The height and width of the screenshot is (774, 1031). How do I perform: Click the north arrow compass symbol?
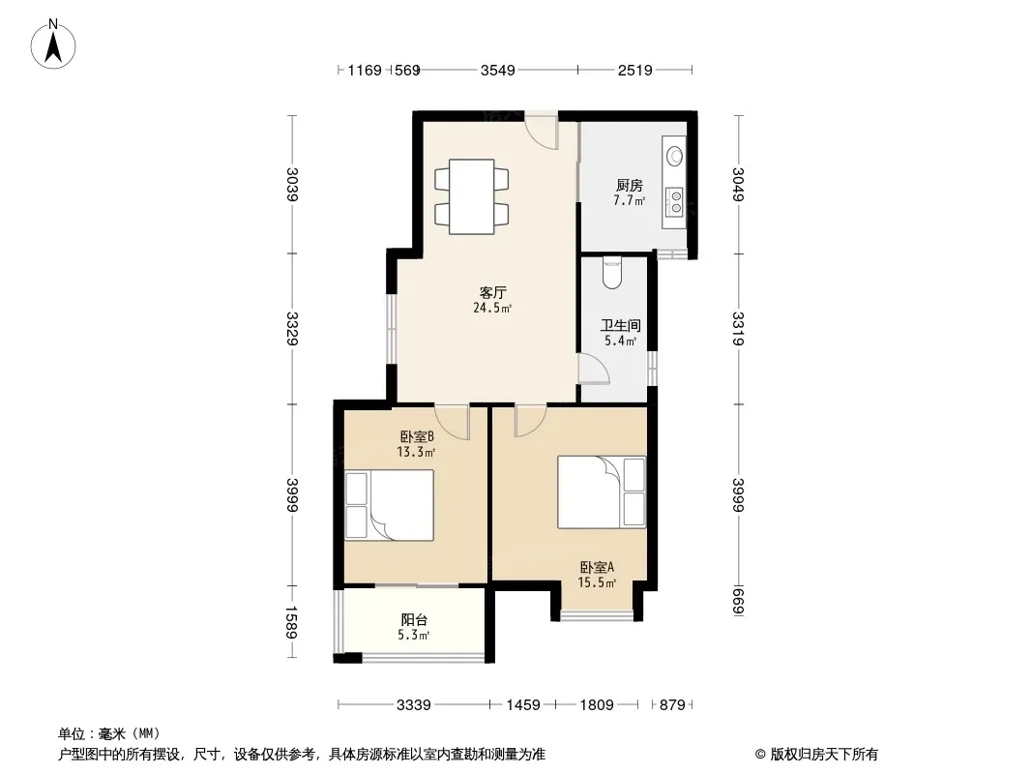pos(56,44)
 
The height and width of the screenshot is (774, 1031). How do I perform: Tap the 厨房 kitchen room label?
pos(629,186)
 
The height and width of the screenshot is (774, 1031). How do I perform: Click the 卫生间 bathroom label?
pos(620,327)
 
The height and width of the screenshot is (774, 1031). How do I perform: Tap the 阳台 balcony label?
pos(415,620)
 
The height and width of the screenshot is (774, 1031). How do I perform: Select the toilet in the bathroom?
pos(612,274)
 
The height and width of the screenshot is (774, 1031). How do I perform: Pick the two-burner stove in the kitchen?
pos(673,202)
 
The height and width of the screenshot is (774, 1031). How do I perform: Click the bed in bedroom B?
pos(389,504)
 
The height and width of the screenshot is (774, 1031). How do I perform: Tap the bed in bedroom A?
pos(601,491)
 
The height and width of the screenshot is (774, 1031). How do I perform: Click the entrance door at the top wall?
pos(543,131)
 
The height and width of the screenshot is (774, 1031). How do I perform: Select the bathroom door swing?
pos(593,369)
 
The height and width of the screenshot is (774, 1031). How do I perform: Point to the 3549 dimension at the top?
pos(498,70)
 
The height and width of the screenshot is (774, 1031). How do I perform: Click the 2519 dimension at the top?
pos(634,70)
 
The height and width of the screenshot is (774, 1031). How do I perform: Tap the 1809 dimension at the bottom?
pos(597,705)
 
